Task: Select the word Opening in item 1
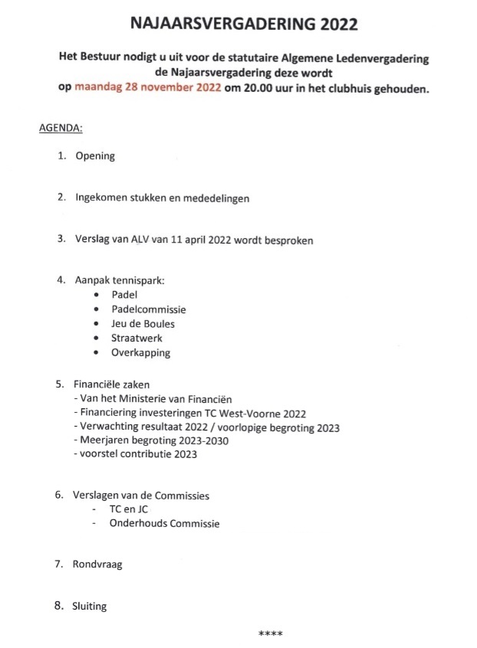[x=95, y=156]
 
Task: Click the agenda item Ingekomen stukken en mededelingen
[x=162, y=198]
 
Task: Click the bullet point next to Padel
[x=96, y=295]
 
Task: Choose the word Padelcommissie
[x=149, y=309]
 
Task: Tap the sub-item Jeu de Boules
[x=143, y=324]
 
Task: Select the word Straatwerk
[x=137, y=338]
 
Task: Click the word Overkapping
[x=141, y=353]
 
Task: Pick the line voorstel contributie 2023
[x=135, y=454]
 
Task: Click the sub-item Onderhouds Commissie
[x=165, y=524]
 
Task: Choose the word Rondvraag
[x=99, y=565]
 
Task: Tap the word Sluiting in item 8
[x=90, y=607]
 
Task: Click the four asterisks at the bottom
[x=271, y=634]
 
